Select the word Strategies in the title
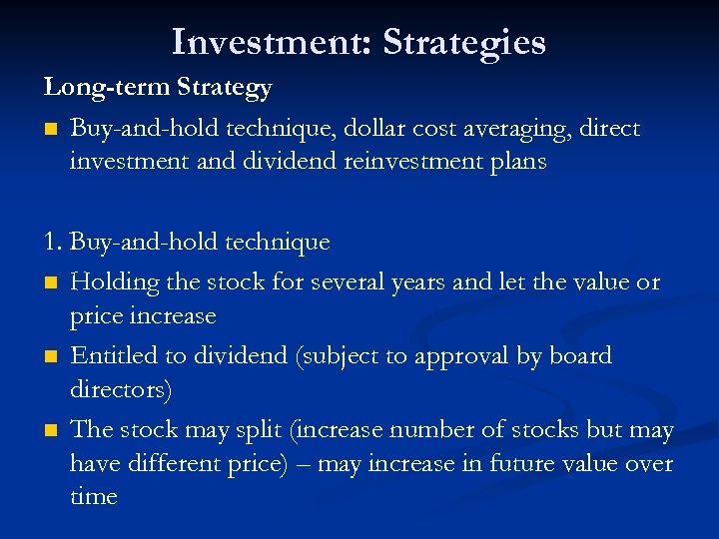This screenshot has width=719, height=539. (464, 43)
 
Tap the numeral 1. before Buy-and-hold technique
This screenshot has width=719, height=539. (54, 242)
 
